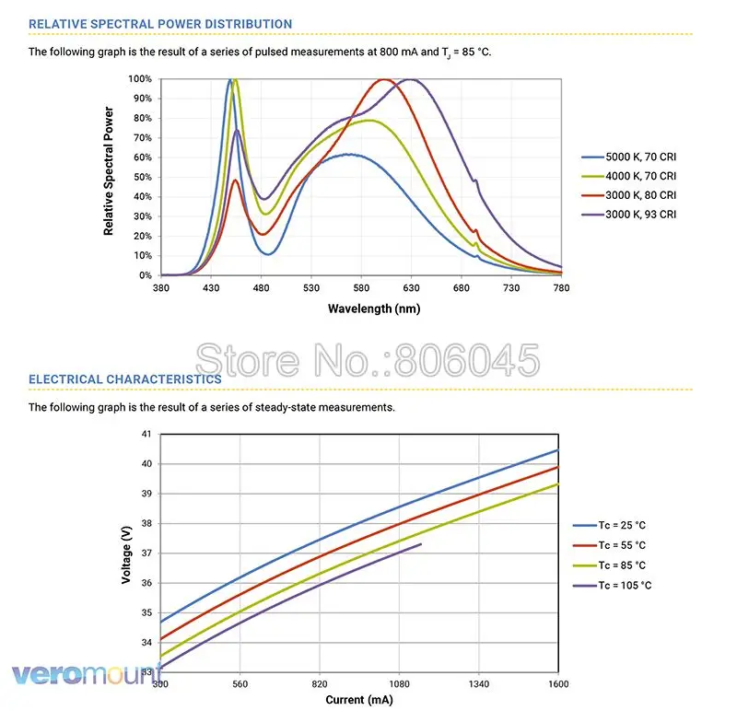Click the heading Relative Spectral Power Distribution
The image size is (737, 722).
(x=160, y=24)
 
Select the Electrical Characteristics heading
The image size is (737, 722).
(x=125, y=379)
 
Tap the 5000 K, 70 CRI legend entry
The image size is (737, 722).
(x=629, y=157)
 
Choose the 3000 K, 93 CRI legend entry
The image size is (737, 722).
(x=629, y=215)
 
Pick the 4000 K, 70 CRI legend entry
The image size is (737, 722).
(x=629, y=176)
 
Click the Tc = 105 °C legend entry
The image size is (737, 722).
(x=613, y=586)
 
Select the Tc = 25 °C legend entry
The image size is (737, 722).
(x=610, y=525)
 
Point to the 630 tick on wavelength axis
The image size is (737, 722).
(x=411, y=287)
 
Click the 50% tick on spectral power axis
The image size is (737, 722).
(x=143, y=177)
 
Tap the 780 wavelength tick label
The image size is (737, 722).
(x=561, y=287)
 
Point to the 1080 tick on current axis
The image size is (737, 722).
(x=399, y=684)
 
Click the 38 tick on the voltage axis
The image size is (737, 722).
(x=146, y=523)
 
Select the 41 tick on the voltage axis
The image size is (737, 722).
(x=146, y=434)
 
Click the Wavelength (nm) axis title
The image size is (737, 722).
(x=374, y=309)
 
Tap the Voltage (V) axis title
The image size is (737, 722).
(x=126, y=554)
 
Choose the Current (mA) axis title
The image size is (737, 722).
(x=359, y=700)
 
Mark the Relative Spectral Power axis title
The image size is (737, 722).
(x=109, y=171)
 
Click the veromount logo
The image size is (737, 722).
(x=87, y=674)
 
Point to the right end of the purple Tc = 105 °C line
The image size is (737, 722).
(x=421, y=544)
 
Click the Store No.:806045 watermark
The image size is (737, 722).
(x=368, y=360)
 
